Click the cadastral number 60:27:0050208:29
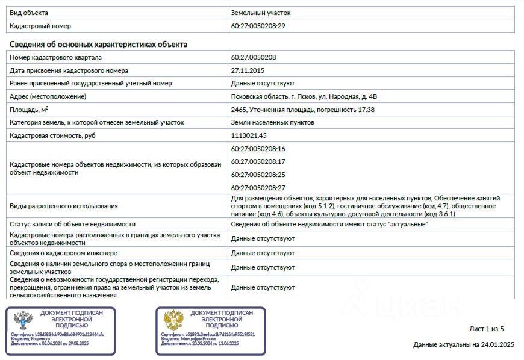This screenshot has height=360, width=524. [258, 26]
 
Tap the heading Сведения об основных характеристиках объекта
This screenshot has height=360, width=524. [98, 45]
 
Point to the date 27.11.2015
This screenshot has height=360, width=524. [248, 70]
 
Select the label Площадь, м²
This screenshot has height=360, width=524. [29, 110]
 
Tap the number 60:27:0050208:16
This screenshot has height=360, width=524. [258, 149]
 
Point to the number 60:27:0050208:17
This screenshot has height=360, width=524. [258, 161]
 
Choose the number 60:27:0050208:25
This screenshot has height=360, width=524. [258, 175]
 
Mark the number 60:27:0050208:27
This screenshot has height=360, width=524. [258, 188]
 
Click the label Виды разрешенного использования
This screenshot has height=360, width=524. [64, 206]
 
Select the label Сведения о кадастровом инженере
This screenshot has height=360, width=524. [63, 253]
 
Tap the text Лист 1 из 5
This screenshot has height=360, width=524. [486, 329]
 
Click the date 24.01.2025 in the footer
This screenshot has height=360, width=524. [497, 345]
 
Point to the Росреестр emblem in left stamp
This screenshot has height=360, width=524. [23, 320]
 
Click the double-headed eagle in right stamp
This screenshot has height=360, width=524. [173, 320]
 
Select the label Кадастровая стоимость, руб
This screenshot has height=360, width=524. [53, 135]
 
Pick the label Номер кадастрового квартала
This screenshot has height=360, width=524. [56, 57]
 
